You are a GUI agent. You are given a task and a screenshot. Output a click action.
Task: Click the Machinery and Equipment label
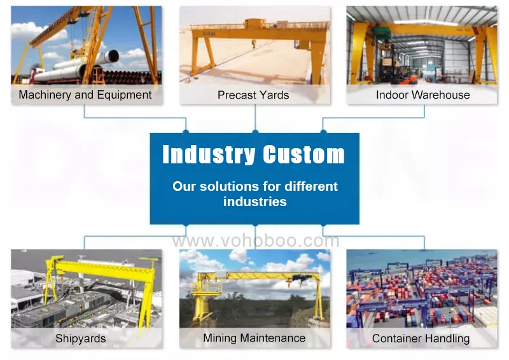coord(85,95)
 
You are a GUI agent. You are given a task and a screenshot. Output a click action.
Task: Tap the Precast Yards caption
coord(253,95)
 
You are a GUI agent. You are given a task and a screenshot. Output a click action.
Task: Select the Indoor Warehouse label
coord(422,95)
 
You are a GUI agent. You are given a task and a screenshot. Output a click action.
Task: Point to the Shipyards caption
coord(81,338)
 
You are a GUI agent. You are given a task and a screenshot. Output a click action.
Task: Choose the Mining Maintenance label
coord(254,338)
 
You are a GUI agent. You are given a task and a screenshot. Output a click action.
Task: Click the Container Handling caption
coord(421,338)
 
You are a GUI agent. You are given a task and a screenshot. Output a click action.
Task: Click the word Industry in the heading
coord(209,155)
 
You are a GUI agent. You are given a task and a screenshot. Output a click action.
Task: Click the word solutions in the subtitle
coord(227,187)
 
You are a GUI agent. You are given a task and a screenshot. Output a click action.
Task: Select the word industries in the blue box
coord(254,202)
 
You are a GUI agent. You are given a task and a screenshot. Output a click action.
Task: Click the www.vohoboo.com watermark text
coord(255,241)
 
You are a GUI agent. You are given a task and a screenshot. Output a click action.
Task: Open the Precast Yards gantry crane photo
coord(254,45)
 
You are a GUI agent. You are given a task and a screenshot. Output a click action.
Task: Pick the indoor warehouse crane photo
coord(422,45)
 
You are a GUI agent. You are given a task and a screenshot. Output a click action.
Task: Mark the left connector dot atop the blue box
coord(186,132)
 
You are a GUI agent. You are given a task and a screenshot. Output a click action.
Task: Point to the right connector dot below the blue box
coord(323,225)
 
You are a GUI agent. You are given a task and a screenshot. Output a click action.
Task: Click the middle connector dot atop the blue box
coord(255,132)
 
